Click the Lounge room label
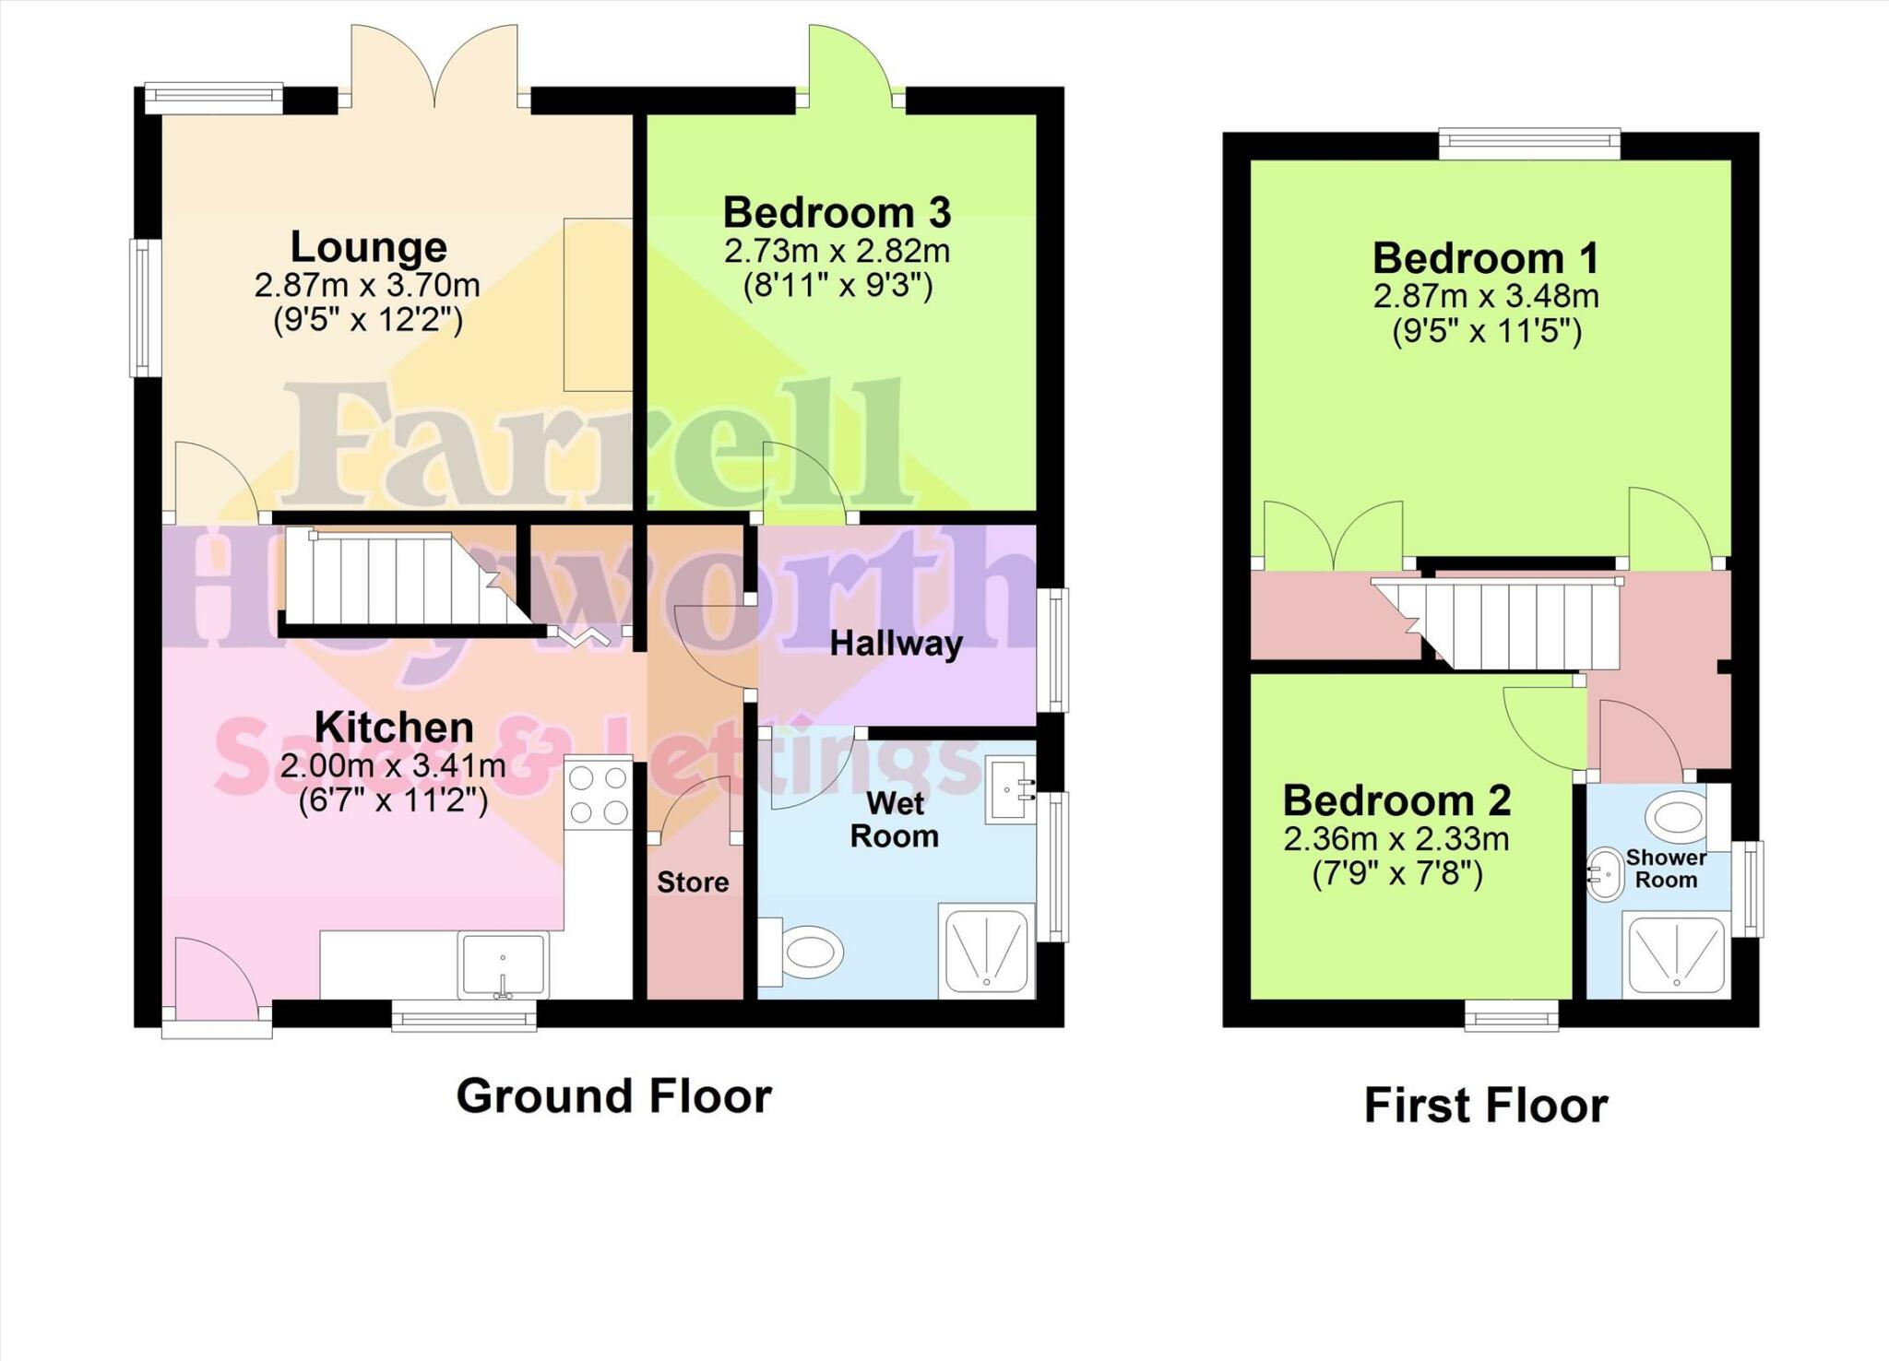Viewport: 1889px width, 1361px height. point(369,247)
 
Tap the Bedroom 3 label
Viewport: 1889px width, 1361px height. point(836,213)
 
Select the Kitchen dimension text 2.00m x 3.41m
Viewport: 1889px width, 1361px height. point(393,766)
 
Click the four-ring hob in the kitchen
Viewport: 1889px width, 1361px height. point(599,795)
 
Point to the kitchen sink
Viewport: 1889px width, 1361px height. point(504,965)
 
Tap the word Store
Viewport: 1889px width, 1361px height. point(693,882)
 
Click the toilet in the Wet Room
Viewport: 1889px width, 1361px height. point(804,950)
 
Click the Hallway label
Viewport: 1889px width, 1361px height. point(896,644)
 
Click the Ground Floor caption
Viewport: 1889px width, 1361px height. point(613,1096)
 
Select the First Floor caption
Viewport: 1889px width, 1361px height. point(1485,1106)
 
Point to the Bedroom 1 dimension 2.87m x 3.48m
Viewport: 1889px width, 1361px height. point(1485,297)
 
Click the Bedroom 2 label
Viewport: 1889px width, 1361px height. point(1396,800)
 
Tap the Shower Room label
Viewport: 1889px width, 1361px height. point(1665,869)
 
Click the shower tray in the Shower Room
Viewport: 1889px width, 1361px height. point(1676,954)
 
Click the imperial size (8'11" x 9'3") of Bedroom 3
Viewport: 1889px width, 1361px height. point(838,287)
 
